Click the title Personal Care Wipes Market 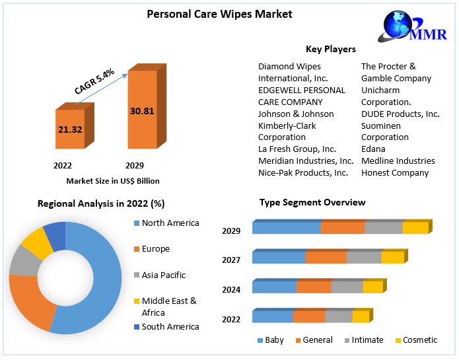point(210,14)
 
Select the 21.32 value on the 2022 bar point(70,129)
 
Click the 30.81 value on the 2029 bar point(142,111)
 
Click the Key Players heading point(330,49)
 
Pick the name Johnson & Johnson point(296,114)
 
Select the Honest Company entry point(395,173)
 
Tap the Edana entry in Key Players point(373,149)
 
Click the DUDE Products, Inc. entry point(400,114)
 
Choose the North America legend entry point(170,223)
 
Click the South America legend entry point(170,326)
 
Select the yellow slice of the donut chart point(38,244)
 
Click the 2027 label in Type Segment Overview point(231,260)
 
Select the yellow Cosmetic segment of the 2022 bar point(361,317)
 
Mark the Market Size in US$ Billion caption point(113,181)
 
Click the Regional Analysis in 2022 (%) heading point(101,204)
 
